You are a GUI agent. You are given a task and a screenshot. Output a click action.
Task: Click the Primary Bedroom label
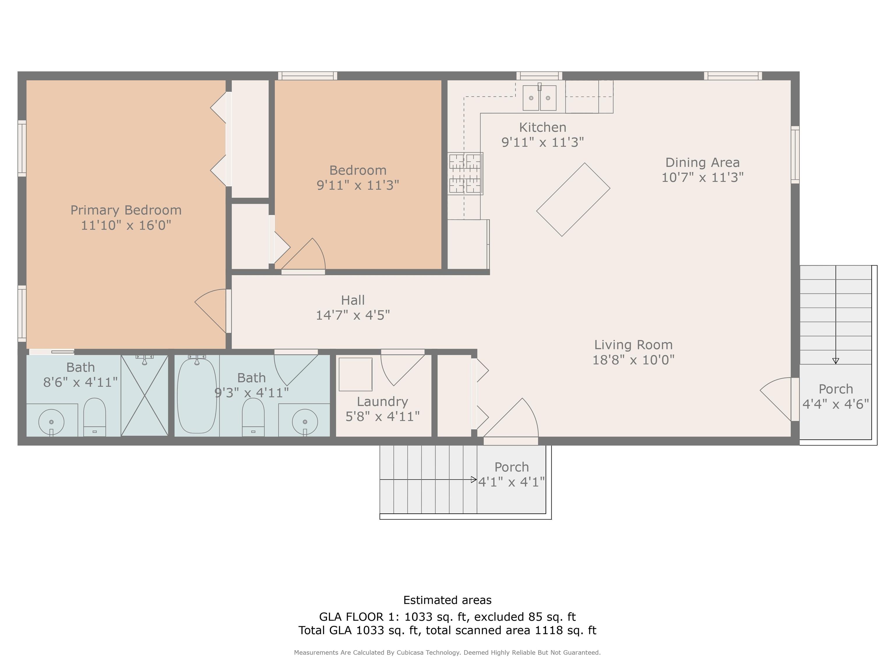pos(126,210)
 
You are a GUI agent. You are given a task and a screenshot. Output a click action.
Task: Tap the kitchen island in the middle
pos(573,199)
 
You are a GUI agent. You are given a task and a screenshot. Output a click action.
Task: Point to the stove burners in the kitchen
pos(465,174)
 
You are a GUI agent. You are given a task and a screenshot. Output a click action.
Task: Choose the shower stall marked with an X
pos(145,395)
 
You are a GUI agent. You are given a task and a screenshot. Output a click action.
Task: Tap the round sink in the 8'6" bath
pos(51,422)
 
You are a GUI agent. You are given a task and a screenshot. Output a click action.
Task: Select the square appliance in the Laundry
pos(355,374)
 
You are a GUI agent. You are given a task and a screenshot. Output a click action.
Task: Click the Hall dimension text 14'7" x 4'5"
pos(353,315)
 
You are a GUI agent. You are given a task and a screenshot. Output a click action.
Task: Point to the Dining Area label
pos(702,163)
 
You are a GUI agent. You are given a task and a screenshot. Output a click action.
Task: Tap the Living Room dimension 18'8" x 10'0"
pos(633,360)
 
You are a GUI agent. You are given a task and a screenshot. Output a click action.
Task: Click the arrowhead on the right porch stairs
pos(836,361)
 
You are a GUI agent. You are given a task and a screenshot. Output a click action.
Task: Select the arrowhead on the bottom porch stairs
pos(474,480)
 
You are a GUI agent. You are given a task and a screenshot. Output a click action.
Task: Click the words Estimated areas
pos(447,600)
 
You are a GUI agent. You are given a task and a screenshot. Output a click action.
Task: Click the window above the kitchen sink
pos(539,76)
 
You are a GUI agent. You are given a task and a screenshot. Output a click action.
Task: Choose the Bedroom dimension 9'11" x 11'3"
pos(358,185)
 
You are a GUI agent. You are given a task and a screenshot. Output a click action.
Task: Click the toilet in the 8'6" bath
pos(95,417)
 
